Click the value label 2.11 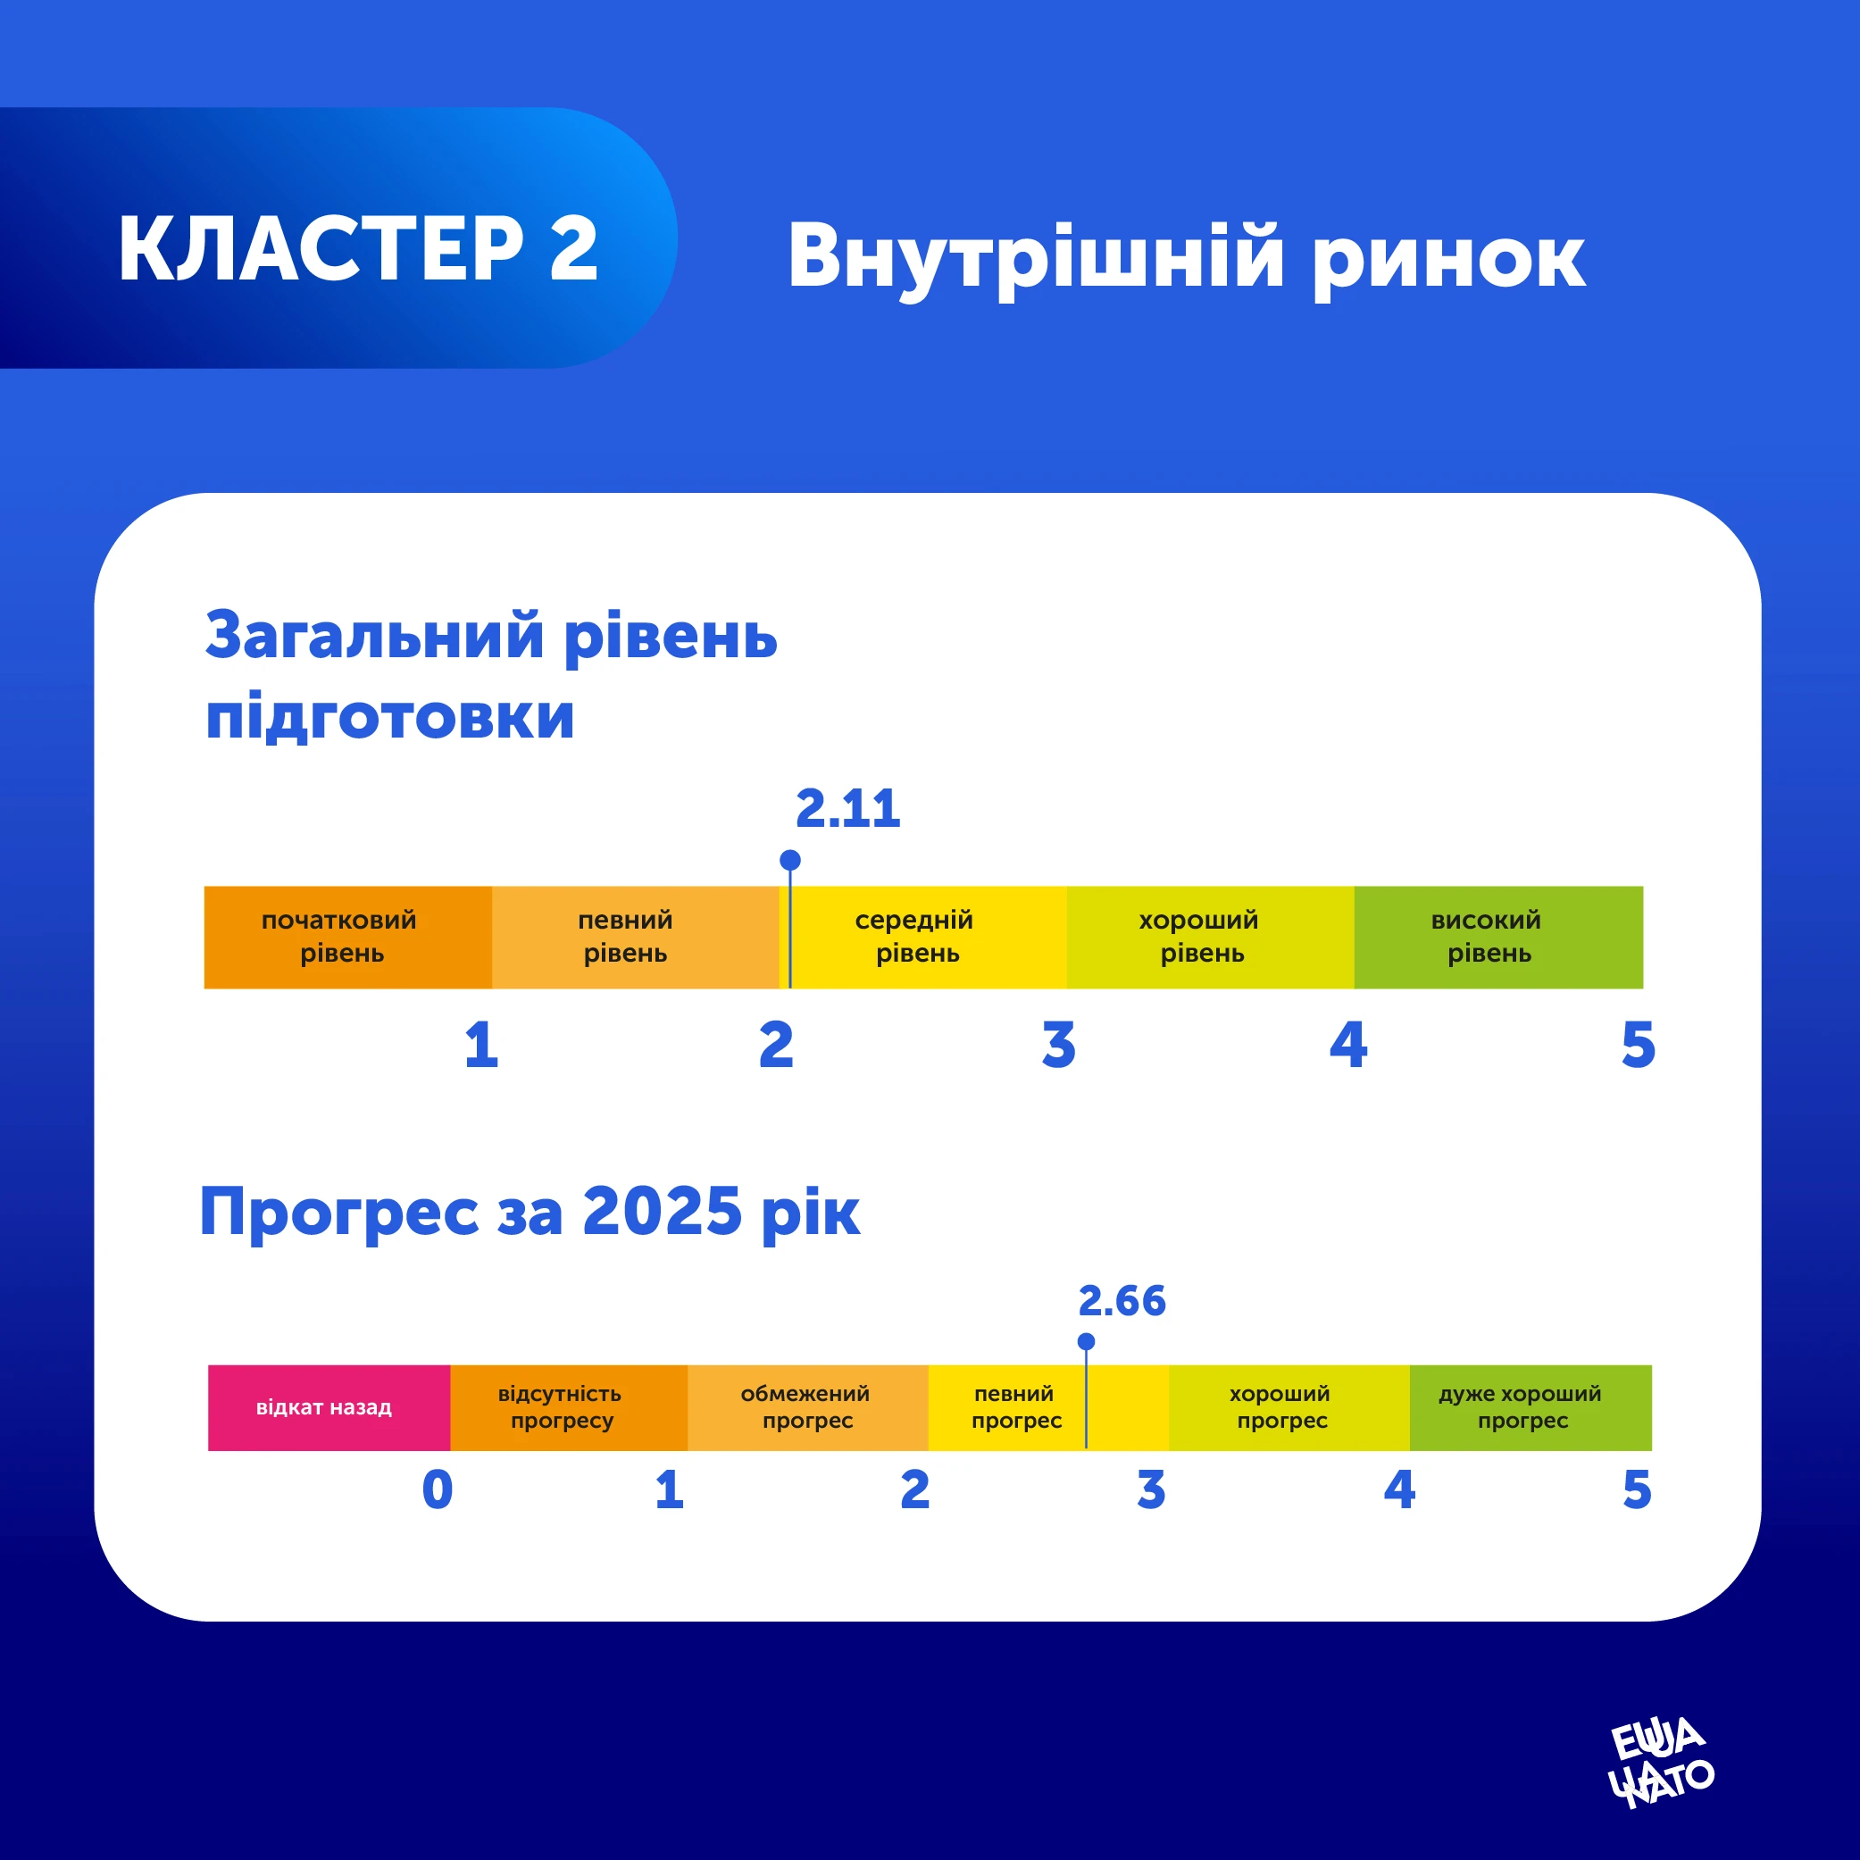[x=847, y=809]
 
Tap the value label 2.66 [x=1122, y=1301]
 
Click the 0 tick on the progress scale [x=437, y=1490]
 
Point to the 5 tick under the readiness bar [x=1638, y=1046]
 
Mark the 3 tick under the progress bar [x=1150, y=1490]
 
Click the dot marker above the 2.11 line [x=790, y=860]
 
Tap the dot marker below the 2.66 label [x=1086, y=1341]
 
